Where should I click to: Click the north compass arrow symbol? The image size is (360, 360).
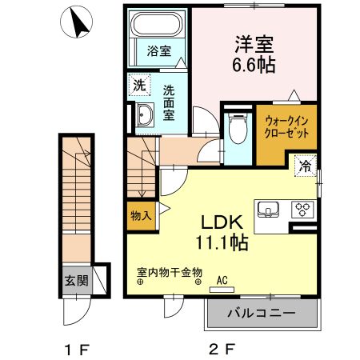(78, 23)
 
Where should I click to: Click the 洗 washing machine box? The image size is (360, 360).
(139, 83)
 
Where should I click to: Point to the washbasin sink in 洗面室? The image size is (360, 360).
(144, 116)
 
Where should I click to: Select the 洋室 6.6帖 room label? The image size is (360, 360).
(255, 54)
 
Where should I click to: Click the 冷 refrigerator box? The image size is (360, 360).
(305, 166)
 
